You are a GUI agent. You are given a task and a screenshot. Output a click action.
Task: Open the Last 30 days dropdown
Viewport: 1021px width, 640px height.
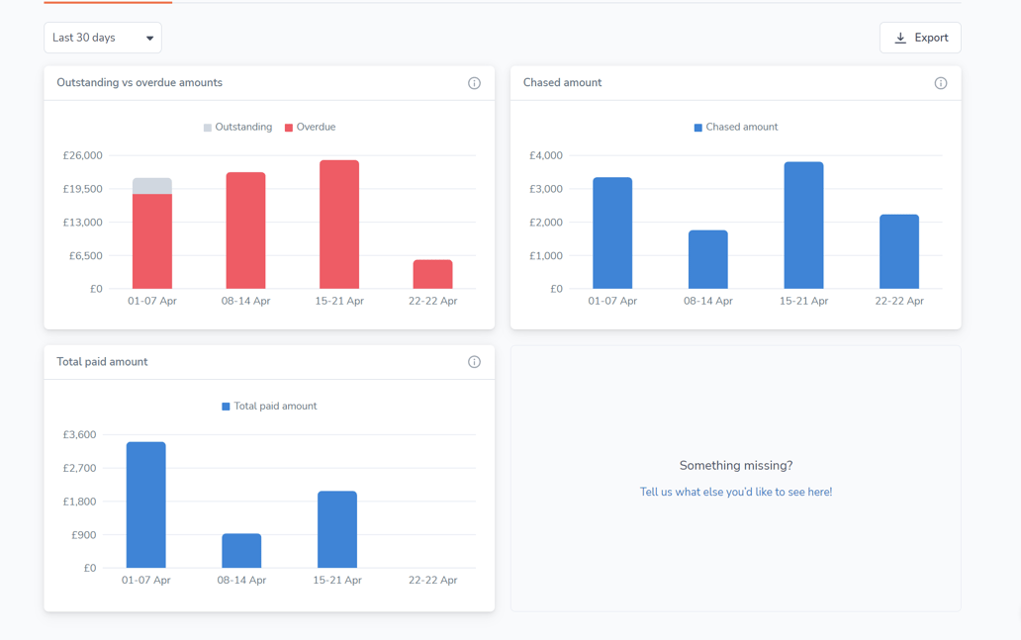click(103, 38)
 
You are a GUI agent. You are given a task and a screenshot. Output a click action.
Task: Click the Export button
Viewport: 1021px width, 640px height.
click(920, 38)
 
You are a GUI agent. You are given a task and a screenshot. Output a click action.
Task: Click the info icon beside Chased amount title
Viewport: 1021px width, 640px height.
click(941, 83)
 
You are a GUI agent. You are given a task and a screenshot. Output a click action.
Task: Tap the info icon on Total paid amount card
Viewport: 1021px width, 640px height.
click(474, 362)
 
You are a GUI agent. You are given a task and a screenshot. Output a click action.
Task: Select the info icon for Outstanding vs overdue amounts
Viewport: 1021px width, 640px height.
click(474, 83)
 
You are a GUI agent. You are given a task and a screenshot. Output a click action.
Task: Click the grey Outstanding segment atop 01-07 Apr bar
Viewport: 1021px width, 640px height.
click(152, 186)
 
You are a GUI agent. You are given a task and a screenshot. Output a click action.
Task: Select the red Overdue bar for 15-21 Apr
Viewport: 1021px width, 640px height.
click(339, 225)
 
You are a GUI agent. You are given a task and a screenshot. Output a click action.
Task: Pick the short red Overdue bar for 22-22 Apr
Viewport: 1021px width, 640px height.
click(432, 274)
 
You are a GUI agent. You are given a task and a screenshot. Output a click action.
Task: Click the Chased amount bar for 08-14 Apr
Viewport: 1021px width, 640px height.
click(708, 259)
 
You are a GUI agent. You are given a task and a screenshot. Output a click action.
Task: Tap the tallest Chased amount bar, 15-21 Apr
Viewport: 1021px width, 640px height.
click(803, 226)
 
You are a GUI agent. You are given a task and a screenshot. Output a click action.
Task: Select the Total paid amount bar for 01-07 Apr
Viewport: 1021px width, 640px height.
click(146, 504)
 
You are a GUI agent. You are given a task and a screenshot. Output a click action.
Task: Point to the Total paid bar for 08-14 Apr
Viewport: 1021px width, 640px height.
click(241, 551)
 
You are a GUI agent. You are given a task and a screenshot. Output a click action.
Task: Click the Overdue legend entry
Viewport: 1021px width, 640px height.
click(310, 127)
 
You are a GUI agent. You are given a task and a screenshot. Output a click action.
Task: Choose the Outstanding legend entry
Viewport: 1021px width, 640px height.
click(237, 127)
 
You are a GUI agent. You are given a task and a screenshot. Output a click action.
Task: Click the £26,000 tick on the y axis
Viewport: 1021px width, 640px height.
click(82, 155)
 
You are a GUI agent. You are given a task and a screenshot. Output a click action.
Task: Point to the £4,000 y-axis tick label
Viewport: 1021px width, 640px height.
click(545, 155)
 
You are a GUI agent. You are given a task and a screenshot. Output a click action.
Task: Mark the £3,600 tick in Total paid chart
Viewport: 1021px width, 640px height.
click(79, 434)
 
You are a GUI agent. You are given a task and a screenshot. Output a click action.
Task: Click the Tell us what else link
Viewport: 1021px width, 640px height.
click(735, 492)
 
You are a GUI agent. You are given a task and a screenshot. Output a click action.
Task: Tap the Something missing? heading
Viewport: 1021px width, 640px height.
click(735, 465)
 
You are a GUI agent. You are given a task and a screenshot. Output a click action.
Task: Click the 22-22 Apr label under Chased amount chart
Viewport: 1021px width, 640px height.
click(898, 301)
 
